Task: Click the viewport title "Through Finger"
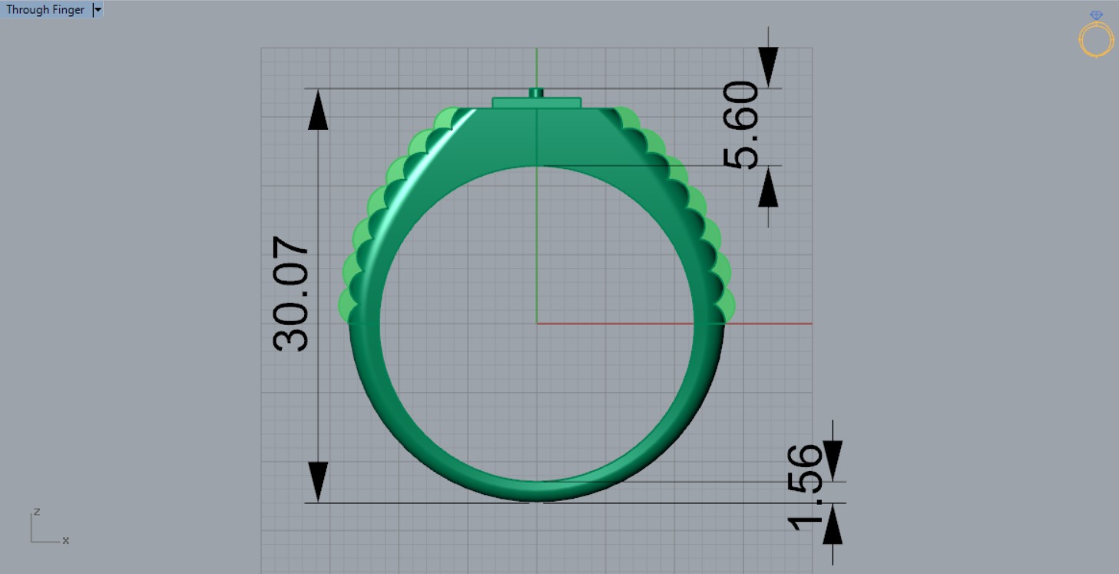coord(45,10)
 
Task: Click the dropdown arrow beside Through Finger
coord(97,10)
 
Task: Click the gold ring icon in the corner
coord(1096,35)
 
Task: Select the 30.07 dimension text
coord(292,294)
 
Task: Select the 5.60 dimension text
coord(741,124)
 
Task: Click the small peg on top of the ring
coord(536,93)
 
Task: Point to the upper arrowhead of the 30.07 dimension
coord(318,112)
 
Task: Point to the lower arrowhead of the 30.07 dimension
coord(318,481)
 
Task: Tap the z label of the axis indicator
coord(36,512)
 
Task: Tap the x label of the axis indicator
coord(66,541)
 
